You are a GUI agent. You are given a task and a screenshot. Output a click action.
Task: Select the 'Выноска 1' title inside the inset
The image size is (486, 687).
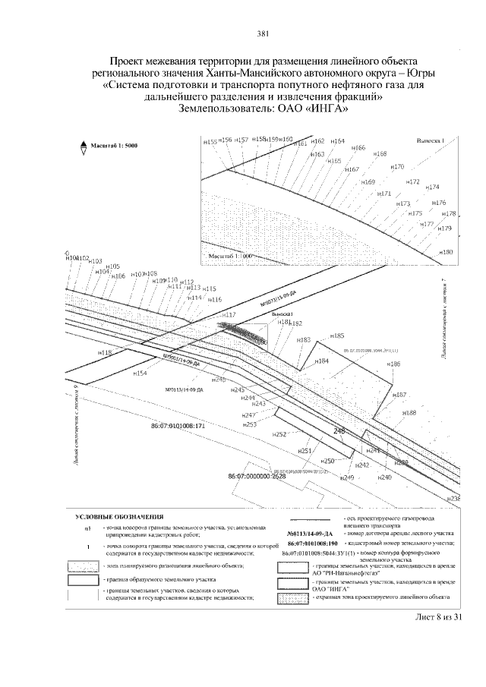[x=434, y=140]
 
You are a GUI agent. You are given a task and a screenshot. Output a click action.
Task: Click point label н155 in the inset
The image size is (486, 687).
[x=210, y=141]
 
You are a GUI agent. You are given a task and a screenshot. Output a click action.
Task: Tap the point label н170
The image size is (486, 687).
[x=396, y=166]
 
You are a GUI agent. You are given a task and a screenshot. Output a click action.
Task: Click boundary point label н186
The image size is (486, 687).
[x=393, y=365]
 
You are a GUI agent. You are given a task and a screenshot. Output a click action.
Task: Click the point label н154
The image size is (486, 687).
[x=140, y=373]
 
